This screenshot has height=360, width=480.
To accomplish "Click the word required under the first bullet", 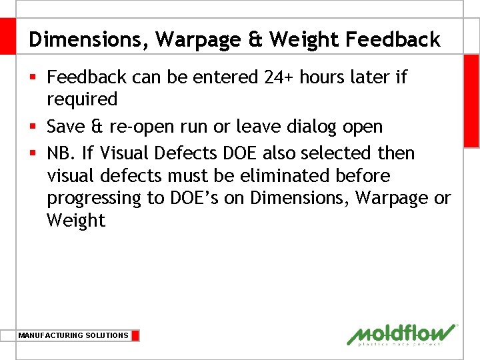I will [82, 100].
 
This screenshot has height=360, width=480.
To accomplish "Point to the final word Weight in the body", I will [75, 221].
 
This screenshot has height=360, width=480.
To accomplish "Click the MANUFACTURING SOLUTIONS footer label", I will [73, 335].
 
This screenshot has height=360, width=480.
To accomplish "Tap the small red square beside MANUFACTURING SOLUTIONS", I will [135, 335].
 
